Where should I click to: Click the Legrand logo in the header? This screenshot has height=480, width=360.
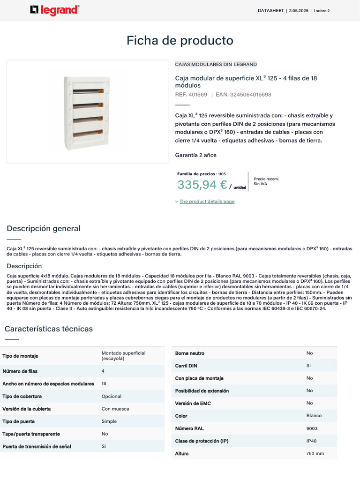[x=54, y=10]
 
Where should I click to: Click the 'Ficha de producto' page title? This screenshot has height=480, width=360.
[x=180, y=41]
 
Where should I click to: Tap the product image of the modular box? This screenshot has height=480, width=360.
[x=88, y=112]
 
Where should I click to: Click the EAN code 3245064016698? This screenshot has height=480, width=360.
[x=243, y=95]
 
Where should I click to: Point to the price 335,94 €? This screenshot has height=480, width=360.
[x=202, y=185]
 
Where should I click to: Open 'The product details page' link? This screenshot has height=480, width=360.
[x=207, y=202]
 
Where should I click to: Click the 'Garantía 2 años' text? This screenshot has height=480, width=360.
[x=195, y=155]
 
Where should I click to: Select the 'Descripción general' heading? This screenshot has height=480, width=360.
[x=44, y=229]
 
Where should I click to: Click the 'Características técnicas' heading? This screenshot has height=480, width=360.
[x=49, y=329]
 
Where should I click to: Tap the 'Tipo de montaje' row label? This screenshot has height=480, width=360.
[x=20, y=356]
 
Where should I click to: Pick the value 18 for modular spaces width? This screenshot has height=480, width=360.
[x=104, y=383]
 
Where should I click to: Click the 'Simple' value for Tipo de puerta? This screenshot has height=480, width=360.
[x=109, y=421]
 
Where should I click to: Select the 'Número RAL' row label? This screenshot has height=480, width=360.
[x=189, y=428]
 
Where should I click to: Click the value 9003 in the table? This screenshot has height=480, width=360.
[x=312, y=428]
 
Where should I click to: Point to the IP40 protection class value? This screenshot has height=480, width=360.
[x=311, y=441]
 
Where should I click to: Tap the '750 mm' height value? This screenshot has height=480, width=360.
[x=315, y=454]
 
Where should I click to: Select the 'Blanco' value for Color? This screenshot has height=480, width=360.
[x=314, y=416]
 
